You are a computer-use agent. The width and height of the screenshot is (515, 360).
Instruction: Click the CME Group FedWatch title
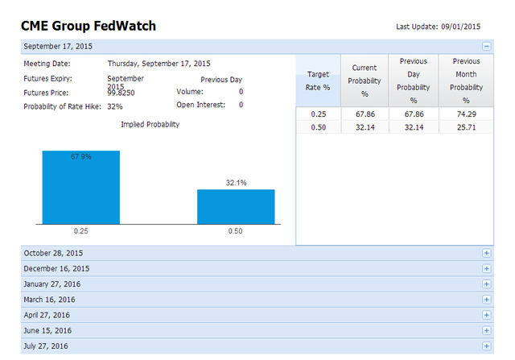(x=88, y=27)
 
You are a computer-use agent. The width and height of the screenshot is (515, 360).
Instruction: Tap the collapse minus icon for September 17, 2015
(x=486, y=47)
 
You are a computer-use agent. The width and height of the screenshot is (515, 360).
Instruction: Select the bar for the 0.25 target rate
(x=80, y=187)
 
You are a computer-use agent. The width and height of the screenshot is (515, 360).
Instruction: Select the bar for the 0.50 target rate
(x=236, y=206)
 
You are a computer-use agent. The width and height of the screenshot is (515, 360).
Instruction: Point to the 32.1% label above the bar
(x=236, y=183)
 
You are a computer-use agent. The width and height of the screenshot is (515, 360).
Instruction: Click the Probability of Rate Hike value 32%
(x=115, y=106)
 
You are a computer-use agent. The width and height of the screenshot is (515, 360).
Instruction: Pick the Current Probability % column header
(x=365, y=81)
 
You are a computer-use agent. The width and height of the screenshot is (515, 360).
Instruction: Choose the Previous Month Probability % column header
(x=466, y=81)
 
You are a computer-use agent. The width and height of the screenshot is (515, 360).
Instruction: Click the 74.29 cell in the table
(x=466, y=114)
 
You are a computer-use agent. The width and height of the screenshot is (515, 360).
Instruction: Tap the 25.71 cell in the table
(x=466, y=127)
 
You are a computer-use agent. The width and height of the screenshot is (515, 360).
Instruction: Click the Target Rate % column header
(x=319, y=81)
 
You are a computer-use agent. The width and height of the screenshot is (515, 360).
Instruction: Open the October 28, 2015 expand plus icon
(x=486, y=253)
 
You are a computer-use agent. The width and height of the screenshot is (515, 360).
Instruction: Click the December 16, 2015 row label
(x=56, y=268)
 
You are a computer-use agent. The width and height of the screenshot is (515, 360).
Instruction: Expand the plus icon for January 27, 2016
(x=486, y=284)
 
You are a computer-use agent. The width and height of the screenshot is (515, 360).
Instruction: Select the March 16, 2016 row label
(x=50, y=300)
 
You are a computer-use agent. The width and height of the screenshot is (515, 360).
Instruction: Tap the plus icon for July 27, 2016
(x=486, y=346)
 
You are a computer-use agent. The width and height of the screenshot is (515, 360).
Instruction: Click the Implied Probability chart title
(x=150, y=125)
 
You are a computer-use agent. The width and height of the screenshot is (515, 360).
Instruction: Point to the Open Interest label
(x=201, y=105)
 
